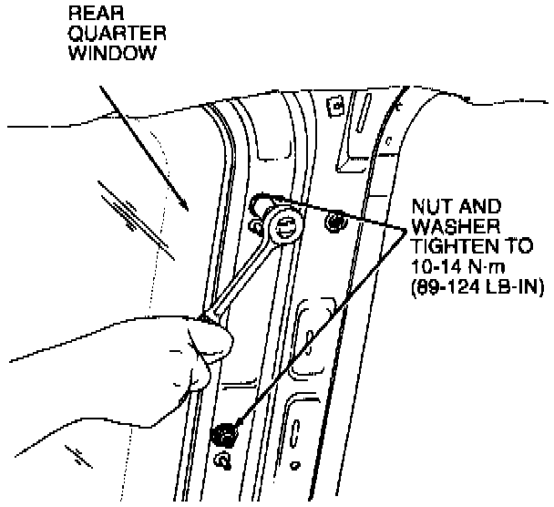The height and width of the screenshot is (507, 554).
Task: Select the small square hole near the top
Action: click(335, 107)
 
